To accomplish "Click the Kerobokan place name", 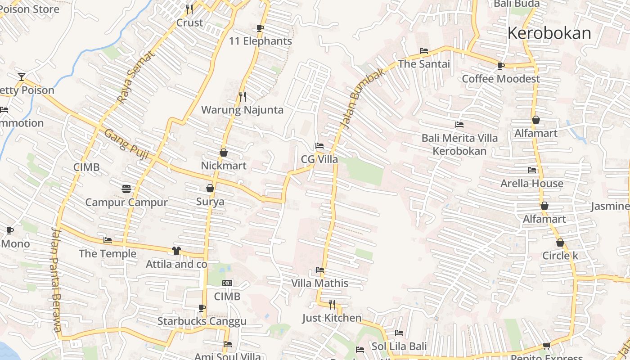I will click(549, 33).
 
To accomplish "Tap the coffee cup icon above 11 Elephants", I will click(260, 28).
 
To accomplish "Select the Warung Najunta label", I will click(242, 110).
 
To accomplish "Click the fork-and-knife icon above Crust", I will click(189, 9).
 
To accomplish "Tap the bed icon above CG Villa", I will click(319, 146).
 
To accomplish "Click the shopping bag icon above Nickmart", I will click(224, 153).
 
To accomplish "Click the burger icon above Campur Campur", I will click(126, 189).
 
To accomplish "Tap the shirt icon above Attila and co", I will click(176, 251).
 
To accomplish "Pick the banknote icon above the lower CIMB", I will click(227, 283).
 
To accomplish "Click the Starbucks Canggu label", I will click(202, 321).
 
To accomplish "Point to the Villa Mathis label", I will click(319, 283).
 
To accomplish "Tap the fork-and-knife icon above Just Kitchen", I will click(332, 305).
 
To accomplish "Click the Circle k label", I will click(560, 256).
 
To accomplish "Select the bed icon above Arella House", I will click(532, 170).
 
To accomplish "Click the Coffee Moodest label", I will click(500, 79).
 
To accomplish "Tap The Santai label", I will click(423, 64).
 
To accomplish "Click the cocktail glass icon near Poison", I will click(21, 77).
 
